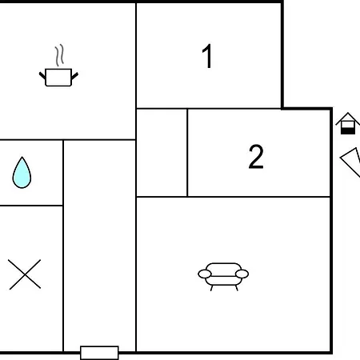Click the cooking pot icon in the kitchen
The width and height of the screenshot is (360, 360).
coord(58,78)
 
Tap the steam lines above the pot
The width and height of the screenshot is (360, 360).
coord(60,55)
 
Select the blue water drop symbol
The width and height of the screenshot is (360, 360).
coord(22,174)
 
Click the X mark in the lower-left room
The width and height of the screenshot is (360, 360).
coord(25,274)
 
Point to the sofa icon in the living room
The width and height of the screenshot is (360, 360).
coord(223,277)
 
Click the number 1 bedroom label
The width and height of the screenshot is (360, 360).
coord(207,56)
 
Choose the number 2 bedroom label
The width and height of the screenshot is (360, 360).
coord(256,157)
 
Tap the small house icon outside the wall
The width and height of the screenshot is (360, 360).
coord(348,123)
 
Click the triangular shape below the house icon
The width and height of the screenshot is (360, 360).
coord(351,162)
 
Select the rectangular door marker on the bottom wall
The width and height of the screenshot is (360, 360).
coord(99,353)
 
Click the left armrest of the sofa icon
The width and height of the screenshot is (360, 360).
coord(205,274)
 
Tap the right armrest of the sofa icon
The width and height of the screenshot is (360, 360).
coord(242,274)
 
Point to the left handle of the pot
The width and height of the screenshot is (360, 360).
coord(42,75)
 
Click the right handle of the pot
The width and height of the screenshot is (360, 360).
coord(74,76)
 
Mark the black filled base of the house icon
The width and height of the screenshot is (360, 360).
coord(348,131)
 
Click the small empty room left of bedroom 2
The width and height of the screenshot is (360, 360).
coord(162,153)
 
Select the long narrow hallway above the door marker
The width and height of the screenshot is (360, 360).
coord(99,242)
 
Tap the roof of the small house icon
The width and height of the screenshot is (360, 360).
coord(348,118)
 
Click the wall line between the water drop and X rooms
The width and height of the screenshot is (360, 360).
coord(31,206)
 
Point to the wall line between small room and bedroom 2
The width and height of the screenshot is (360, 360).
coord(187,153)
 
